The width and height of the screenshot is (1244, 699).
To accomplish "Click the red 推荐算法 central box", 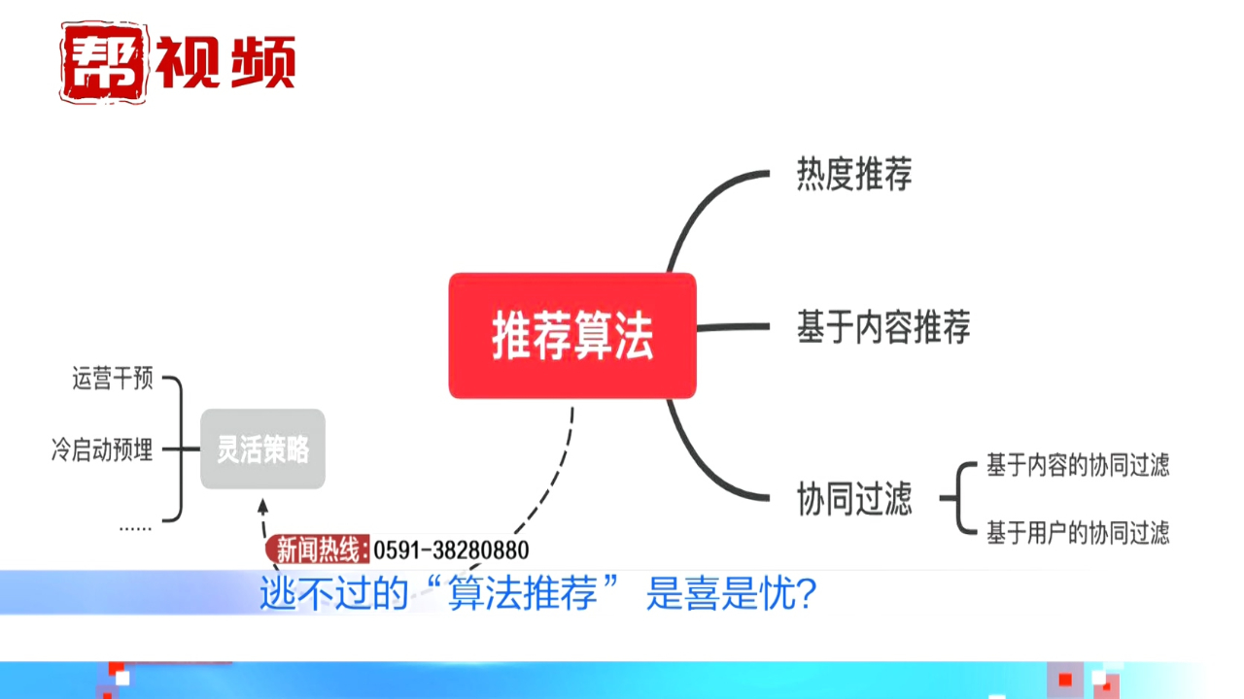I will point(571,336).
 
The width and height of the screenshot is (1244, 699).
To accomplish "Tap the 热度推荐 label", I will point(853,176).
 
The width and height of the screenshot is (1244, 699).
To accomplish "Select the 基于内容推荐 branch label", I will point(882,327).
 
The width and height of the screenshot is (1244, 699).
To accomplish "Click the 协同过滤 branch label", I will point(853,499).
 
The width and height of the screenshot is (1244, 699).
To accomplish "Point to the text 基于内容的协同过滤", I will point(1077,465).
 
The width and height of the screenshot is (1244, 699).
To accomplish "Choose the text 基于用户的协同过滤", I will point(1077,532).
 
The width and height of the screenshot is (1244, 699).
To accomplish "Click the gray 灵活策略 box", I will point(262,449).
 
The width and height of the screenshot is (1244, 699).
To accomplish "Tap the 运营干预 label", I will point(112,379).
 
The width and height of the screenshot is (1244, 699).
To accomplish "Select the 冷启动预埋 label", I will point(102,449).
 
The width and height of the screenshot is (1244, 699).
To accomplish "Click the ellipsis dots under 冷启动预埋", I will point(135,527).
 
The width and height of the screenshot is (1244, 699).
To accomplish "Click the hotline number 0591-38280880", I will point(450,550).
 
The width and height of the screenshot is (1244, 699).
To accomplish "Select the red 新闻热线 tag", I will point(317,550).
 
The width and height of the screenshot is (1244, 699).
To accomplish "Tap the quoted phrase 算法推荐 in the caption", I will point(522,594).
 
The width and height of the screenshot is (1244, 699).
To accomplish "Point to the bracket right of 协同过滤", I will point(960,498).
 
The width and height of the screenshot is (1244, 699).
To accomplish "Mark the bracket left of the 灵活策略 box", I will point(177,449).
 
